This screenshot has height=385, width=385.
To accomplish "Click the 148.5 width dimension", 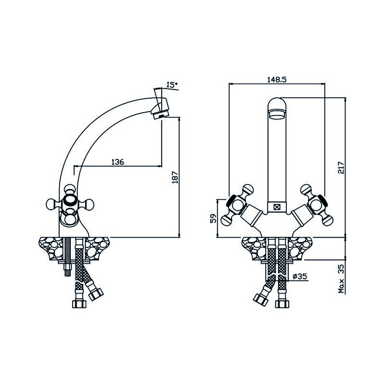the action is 277,79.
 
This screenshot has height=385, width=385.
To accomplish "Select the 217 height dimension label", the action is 341,167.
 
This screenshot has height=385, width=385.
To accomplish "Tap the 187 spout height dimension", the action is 175,177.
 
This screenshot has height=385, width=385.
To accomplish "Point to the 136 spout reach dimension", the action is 117,162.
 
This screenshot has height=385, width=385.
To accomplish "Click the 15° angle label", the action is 172,85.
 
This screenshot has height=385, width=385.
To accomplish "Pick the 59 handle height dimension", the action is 214,218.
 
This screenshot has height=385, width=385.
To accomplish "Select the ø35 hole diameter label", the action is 300,276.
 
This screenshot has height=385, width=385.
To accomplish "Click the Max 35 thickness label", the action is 341,279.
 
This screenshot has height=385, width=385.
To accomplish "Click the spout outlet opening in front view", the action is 277,115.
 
